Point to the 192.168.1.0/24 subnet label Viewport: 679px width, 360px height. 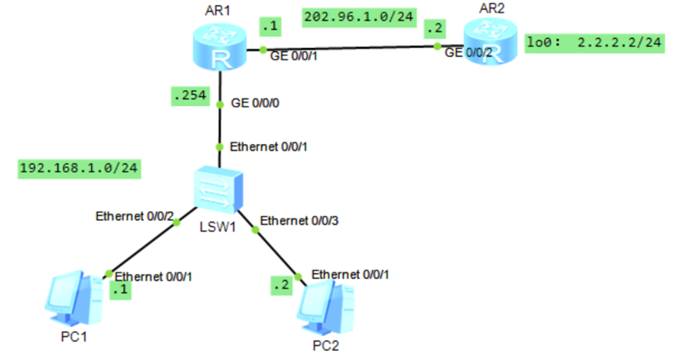pos(79,169)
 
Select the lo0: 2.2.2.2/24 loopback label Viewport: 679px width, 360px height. pos(595,41)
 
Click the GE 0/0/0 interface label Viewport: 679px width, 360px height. pos(256,106)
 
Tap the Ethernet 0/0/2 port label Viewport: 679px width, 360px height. pos(134,218)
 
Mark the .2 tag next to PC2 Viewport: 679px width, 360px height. pos(282,286)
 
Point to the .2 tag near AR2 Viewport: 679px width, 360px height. pos(433,28)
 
